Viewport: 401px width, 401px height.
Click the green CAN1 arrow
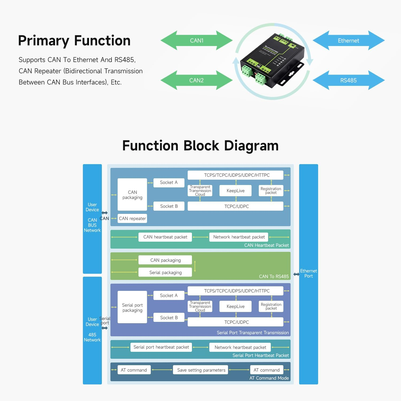196,40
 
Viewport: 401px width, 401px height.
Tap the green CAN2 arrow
196,80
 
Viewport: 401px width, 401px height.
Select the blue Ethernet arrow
348,40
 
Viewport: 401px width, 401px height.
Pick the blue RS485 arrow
348,80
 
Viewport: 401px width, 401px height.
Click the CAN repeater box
132,218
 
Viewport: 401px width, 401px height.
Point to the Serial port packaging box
132,307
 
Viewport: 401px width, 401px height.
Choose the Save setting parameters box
201,370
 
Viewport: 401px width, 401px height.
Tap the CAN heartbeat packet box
165,237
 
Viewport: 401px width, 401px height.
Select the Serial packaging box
165,272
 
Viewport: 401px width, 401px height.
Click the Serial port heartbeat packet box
161,347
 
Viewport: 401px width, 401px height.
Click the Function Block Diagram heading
200,146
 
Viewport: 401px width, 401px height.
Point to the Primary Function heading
74,41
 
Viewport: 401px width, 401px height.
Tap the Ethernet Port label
309,273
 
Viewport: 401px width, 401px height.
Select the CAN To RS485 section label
274,276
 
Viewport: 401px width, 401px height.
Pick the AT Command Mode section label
269,378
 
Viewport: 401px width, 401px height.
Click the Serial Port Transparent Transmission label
253,333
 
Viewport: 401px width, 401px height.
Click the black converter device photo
272,61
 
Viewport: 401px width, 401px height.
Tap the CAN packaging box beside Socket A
132,195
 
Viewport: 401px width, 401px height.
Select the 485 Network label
92,337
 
